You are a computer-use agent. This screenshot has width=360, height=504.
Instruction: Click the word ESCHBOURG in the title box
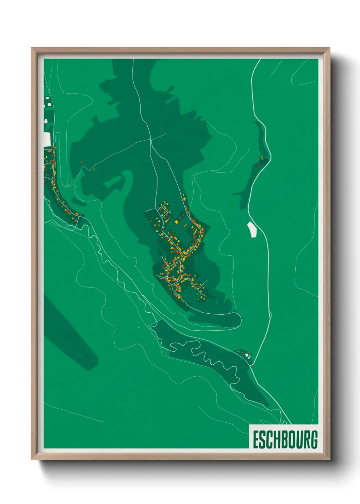(x=285, y=439)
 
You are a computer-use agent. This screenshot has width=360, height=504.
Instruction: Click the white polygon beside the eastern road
(x=252, y=229)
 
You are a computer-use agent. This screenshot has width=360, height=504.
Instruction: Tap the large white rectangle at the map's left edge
(x=47, y=139)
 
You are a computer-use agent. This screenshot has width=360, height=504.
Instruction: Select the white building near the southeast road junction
(x=248, y=356)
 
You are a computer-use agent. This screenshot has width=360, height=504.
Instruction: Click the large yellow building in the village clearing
(x=177, y=222)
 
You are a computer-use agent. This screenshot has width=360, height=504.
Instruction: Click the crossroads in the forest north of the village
(x=150, y=140)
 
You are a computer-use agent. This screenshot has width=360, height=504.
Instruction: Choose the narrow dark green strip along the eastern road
(x=260, y=143)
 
